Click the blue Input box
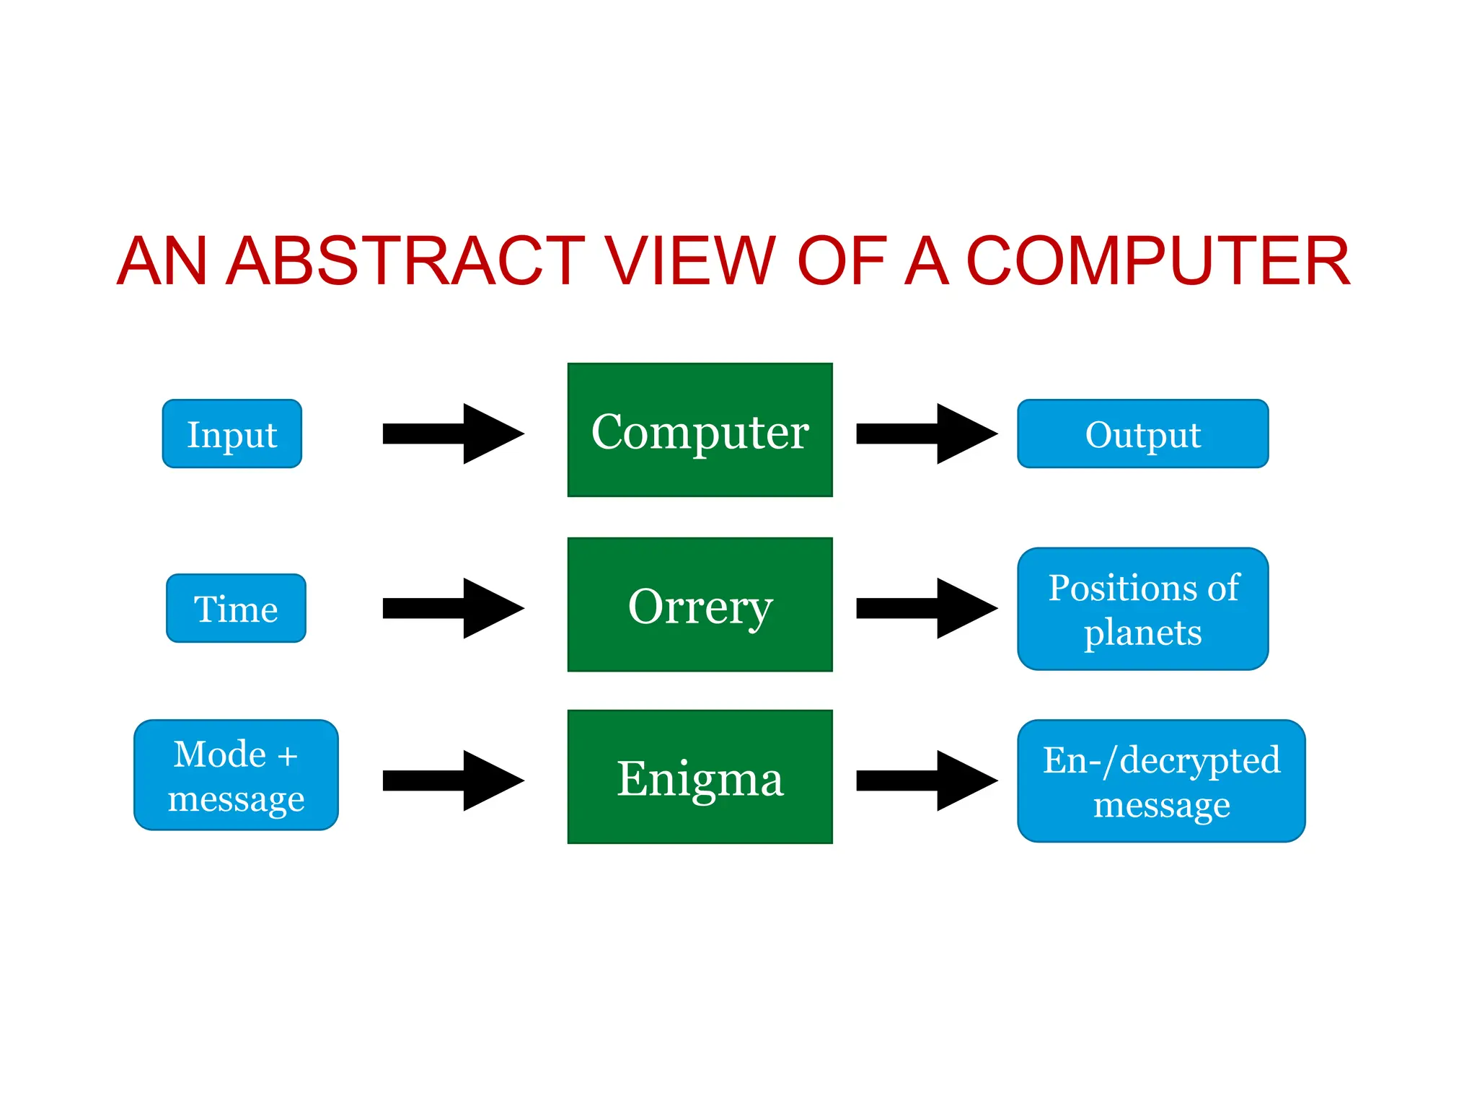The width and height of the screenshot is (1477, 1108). [x=232, y=434]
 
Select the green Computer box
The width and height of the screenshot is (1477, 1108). [x=700, y=431]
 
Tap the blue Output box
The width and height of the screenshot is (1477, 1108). [x=1142, y=434]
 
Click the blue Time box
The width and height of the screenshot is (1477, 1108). [x=236, y=608]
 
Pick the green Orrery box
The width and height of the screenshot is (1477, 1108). [x=700, y=604]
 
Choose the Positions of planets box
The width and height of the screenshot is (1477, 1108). [x=1142, y=608]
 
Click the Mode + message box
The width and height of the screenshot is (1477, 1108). [x=236, y=775]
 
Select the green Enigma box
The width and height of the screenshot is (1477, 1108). [x=700, y=777]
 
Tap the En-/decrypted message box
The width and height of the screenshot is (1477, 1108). [x=1161, y=781]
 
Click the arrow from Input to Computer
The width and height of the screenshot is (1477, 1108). [x=453, y=434]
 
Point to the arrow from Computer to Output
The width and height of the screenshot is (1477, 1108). [x=926, y=434]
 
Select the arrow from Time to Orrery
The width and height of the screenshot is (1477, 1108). [x=453, y=608]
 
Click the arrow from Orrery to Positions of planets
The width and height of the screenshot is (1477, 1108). [x=926, y=608]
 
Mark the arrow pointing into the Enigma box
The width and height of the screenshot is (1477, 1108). [x=453, y=781]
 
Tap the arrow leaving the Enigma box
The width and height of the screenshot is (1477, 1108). [x=926, y=781]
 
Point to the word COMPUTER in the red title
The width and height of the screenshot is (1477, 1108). [x=1157, y=260]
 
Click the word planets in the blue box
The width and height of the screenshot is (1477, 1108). [x=1142, y=633]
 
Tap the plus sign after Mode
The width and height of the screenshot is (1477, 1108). [x=287, y=756]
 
